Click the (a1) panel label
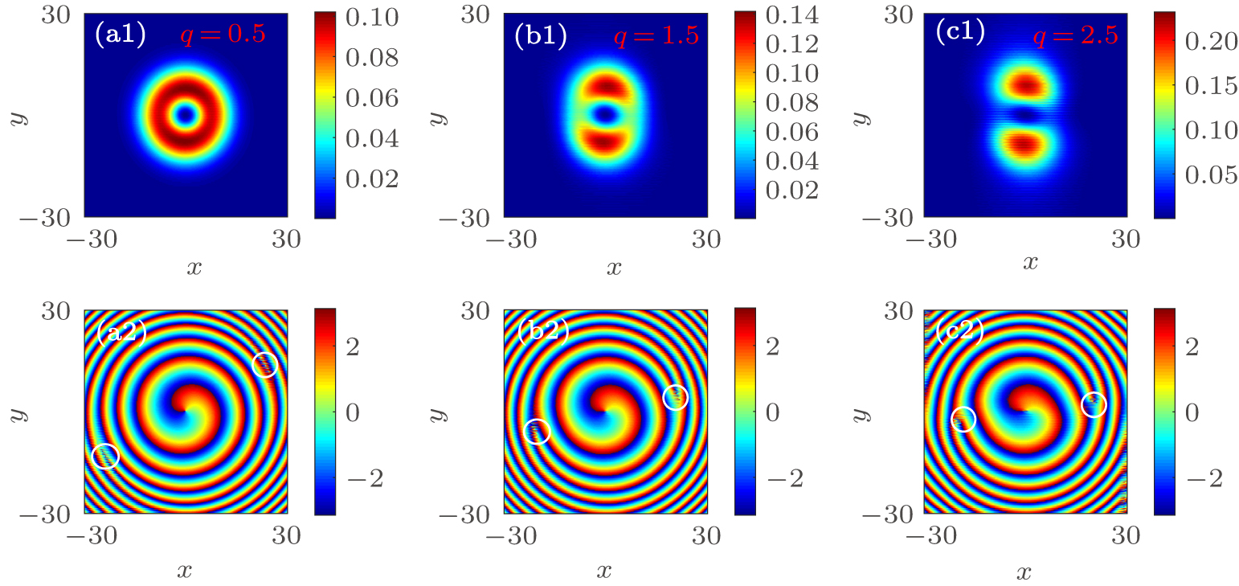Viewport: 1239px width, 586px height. (x=120, y=35)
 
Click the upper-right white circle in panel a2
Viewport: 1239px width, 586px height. (x=265, y=364)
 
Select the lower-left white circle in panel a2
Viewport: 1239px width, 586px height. (x=105, y=456)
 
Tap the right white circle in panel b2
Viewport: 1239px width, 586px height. (x=676, y=397)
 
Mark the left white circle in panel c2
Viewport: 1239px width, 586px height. (x=963, y=419)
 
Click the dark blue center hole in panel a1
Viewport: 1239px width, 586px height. (x=186, y=116)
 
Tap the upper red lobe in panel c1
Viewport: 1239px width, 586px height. (x=1024, y=83)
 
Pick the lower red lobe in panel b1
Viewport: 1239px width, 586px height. (x=605, y=141)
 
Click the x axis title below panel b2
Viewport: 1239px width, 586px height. (x=605, y=571)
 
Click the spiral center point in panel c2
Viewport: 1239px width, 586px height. (x=1025, y=411)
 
